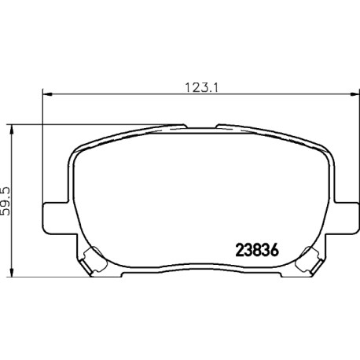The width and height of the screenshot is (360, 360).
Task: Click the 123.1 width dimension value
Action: (201, 87)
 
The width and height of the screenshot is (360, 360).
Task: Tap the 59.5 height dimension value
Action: (6, 201)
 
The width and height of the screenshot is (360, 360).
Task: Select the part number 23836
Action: (257, 251)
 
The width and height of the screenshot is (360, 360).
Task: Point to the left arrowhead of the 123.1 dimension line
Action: (47, 94)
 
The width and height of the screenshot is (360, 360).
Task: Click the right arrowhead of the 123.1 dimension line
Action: (354, 94)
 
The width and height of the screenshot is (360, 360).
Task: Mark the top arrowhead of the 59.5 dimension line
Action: (11, 130)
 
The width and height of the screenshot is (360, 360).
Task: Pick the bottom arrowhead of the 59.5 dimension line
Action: (11, 272)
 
